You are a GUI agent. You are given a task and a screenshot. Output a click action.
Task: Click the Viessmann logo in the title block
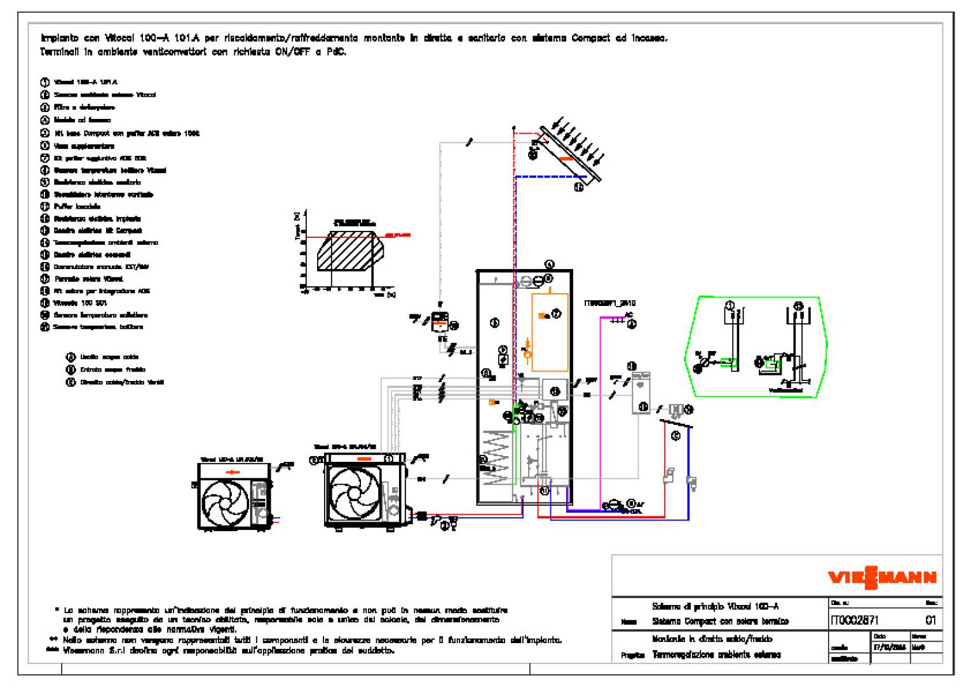click(x=881, y=578)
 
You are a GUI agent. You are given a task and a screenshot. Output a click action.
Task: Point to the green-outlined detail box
click(x=756, y=347)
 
